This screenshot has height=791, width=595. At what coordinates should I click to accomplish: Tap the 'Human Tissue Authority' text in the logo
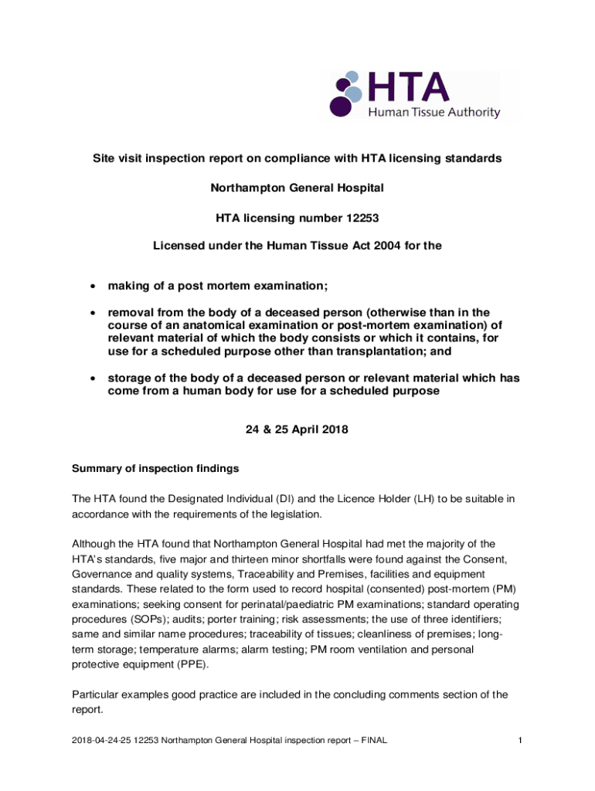click(433, 113)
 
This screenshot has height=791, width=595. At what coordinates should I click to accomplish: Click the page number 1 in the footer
click(521, 741)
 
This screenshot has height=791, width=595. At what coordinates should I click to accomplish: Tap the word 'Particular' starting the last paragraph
click(96, 694)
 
